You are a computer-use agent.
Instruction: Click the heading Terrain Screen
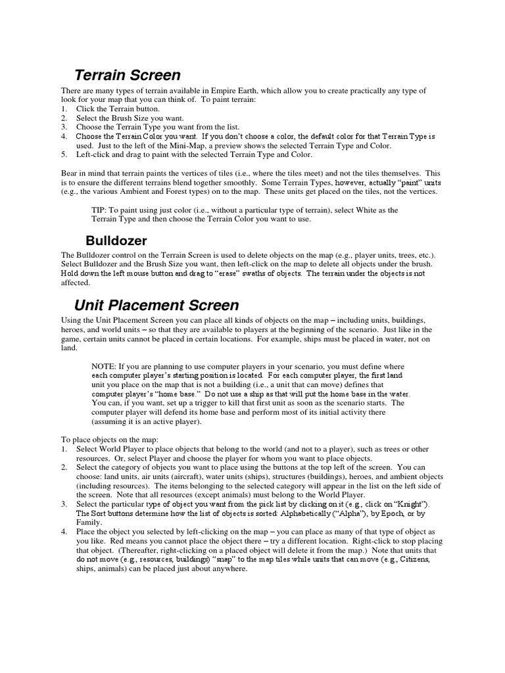pyautogui.click(x=127, y=76)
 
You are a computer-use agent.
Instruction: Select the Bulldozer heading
pyautogui.click(x=116, y=241)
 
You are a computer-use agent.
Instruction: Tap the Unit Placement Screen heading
pyautogui.click(x=156, y=305)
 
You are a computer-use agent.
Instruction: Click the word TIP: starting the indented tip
pyautogui.click(x=102, y=210)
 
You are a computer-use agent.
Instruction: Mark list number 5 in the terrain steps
pyautogui.click(x=64, y=154)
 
